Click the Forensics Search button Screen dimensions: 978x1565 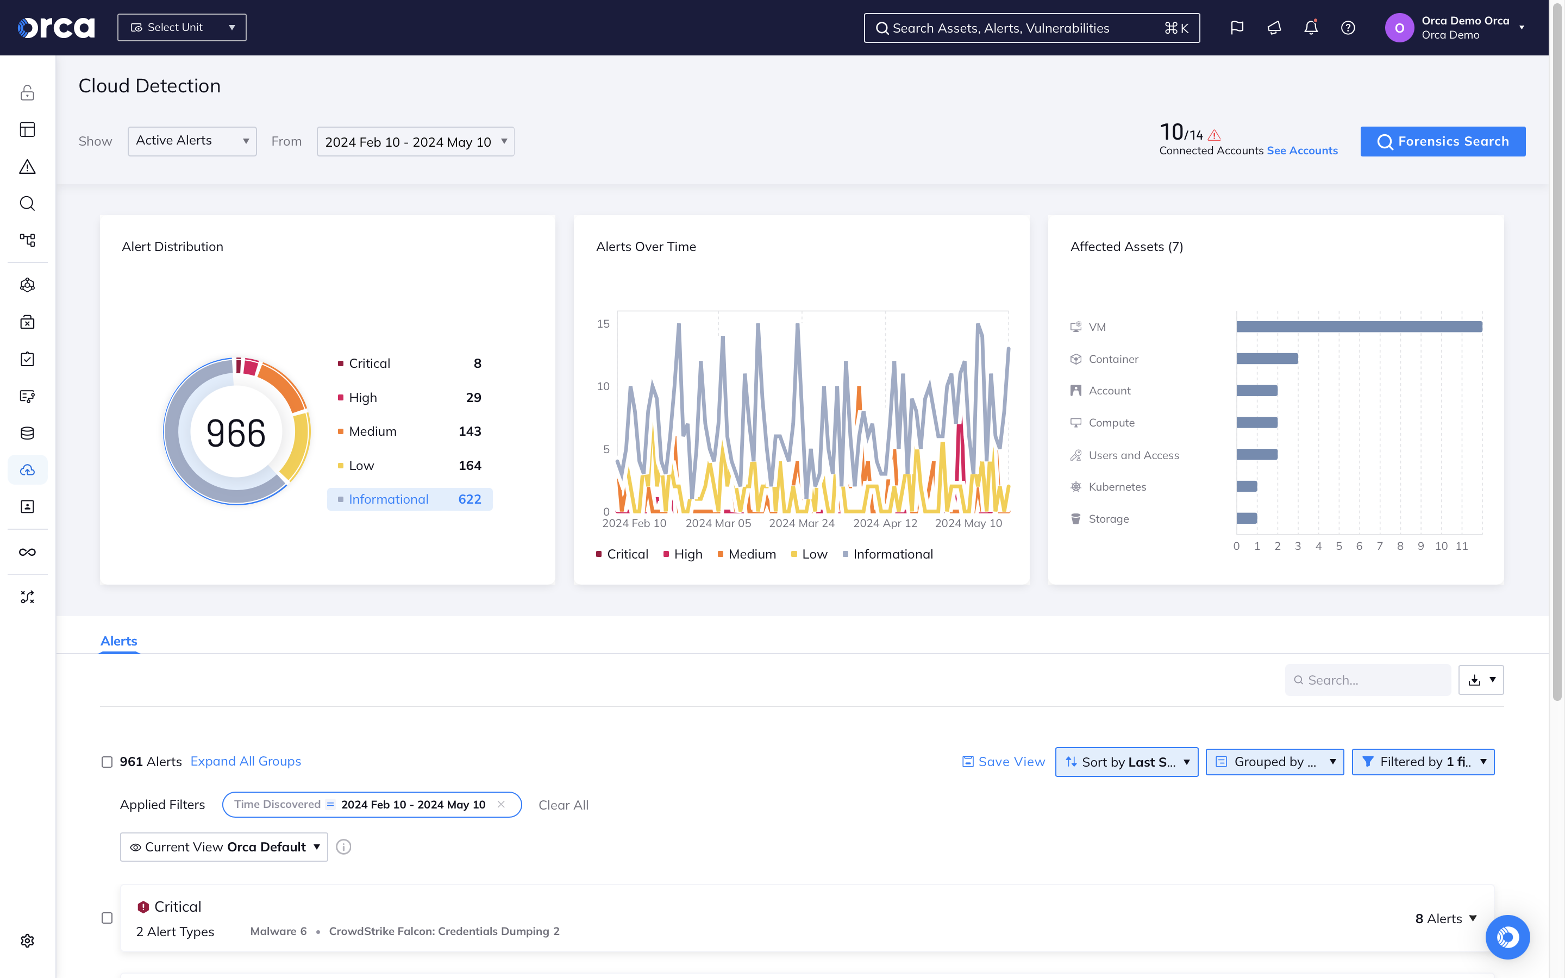point(1442,141)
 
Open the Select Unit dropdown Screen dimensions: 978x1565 point(181,27)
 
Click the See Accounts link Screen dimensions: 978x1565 point(1302,151)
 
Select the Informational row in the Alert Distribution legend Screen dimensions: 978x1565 point(409,499)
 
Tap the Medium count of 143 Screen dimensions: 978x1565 point(469,431)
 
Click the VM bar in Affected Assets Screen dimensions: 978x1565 point(1358,327)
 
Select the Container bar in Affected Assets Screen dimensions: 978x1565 point(1266,359)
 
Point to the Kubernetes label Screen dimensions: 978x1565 point(1117,487)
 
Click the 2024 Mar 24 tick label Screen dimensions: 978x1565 point(802,523)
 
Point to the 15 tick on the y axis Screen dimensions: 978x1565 point(603,323)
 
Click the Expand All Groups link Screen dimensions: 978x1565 point(246,761)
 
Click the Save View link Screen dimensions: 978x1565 point(1004,762)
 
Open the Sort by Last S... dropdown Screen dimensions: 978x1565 point(1126,762)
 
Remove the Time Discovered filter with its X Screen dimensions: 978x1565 point(500,804)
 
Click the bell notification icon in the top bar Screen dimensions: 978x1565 point(1310,28)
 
